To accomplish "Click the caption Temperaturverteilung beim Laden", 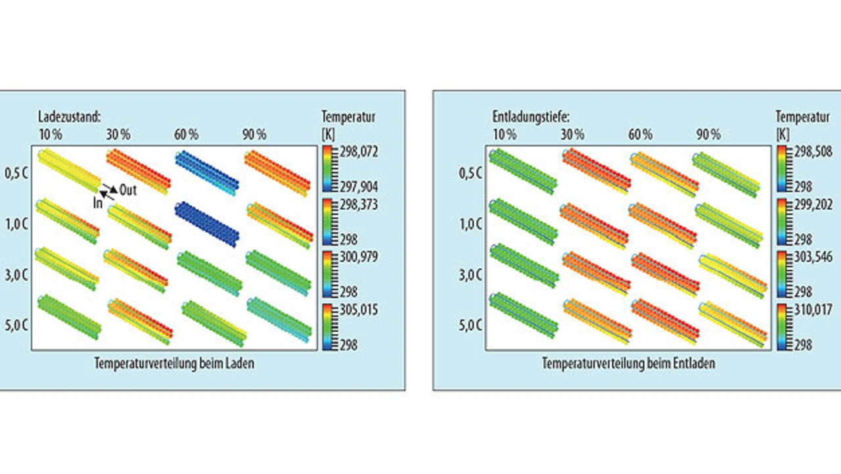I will [x=173, y=363].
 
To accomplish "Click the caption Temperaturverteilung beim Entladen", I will [x=628, y=363].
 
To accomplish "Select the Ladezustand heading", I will [x=69, y=117].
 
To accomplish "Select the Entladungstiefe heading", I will [x=530, y=117].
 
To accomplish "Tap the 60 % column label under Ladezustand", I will [x=186, y=135].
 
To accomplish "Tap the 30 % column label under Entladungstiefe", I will [x=572, y=135].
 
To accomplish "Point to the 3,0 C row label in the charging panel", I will [x=17, y=274].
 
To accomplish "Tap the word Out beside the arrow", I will [x=127, y=191].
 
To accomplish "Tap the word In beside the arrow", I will [x=97, y=203].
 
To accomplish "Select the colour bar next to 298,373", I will [x=327, y=222].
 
